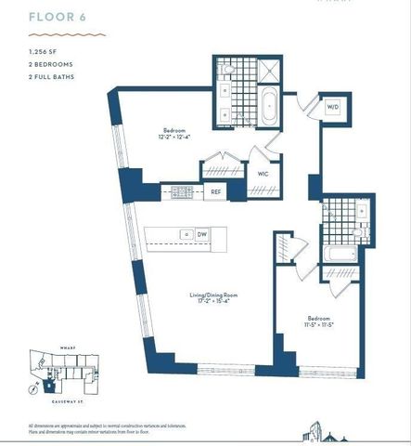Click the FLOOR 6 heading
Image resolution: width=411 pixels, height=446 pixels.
point(50,16)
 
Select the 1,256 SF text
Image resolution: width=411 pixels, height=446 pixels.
point(43,52)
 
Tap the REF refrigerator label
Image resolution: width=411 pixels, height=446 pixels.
point(215,192)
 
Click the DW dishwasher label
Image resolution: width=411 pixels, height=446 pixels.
point(201,234)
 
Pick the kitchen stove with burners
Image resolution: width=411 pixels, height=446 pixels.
point(181,192)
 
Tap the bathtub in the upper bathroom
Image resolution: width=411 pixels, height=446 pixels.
point(268,108)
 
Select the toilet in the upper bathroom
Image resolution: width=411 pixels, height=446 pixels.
point(228,70)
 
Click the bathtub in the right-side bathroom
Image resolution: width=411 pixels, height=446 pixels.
point(336,252)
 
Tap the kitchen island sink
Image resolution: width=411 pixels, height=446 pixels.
point(186,234)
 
